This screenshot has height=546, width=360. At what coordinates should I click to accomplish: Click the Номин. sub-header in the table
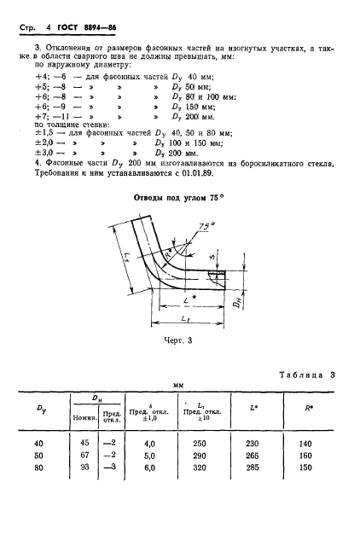pos(84,418)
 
